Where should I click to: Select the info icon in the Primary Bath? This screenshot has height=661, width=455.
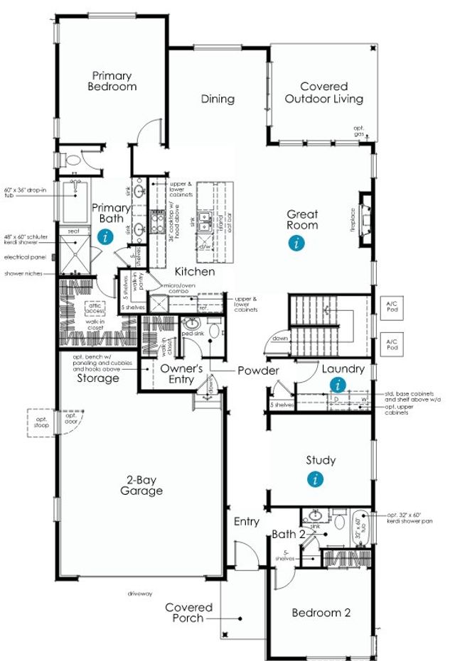[x=106, y=236]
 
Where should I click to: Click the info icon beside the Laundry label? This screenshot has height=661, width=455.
[x=338, y=385]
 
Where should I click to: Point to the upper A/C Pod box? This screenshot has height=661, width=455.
[x=392, y=305]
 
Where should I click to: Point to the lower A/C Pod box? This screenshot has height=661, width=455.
[x=392, y=344]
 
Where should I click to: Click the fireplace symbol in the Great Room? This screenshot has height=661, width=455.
[x=365, y=216]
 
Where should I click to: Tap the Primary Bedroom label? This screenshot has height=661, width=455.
[x=112, y=80]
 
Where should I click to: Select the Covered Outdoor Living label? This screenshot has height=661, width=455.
[x=323, y=92]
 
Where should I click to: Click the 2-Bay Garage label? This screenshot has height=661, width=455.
[x=141, y=485]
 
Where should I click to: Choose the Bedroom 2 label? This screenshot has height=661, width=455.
[x=321, y=612]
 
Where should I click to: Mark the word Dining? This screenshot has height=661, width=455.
[x=218, y=99]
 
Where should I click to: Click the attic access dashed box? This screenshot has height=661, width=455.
[x=95, y=307]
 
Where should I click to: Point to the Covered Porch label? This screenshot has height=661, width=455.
[x=189, y=612]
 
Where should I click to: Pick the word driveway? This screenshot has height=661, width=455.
[x=140, y=592]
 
